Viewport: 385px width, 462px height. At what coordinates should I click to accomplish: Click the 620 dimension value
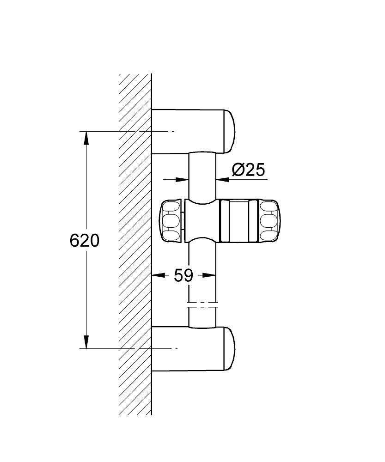coord(84,240)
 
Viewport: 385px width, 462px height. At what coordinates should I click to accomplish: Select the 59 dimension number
coord(183,276)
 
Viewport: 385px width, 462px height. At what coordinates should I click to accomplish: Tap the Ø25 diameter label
coord(249,170)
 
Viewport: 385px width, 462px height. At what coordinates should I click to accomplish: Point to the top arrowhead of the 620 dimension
coord(86,138)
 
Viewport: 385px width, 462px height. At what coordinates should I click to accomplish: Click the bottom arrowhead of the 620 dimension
coord(86,341)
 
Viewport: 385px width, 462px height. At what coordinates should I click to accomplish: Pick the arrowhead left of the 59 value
coord(159,275)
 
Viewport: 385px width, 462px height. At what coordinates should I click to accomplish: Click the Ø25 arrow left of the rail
coord(182,180)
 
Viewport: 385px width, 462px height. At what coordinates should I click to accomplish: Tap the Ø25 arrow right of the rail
coord(223,180)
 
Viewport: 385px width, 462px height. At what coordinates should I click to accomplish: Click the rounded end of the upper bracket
coord(230,131)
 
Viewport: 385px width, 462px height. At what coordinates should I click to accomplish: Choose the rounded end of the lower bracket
coord(230,349)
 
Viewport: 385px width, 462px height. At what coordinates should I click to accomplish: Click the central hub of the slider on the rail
coord(202,221)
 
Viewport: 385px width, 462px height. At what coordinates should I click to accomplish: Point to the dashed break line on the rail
coord(202,305)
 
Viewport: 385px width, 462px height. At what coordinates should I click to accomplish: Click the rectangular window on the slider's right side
coord(238,221)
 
